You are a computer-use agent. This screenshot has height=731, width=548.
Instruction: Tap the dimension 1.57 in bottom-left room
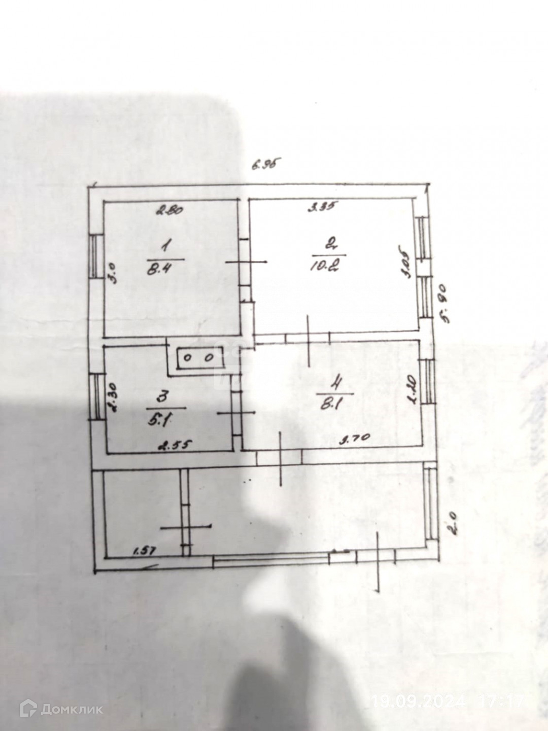point(144,550)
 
